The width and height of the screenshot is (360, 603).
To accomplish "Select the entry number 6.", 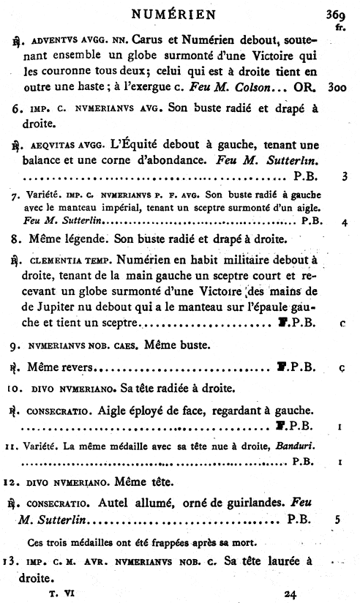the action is [16, 109].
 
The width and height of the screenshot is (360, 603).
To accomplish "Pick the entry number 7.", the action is [15, 198].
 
